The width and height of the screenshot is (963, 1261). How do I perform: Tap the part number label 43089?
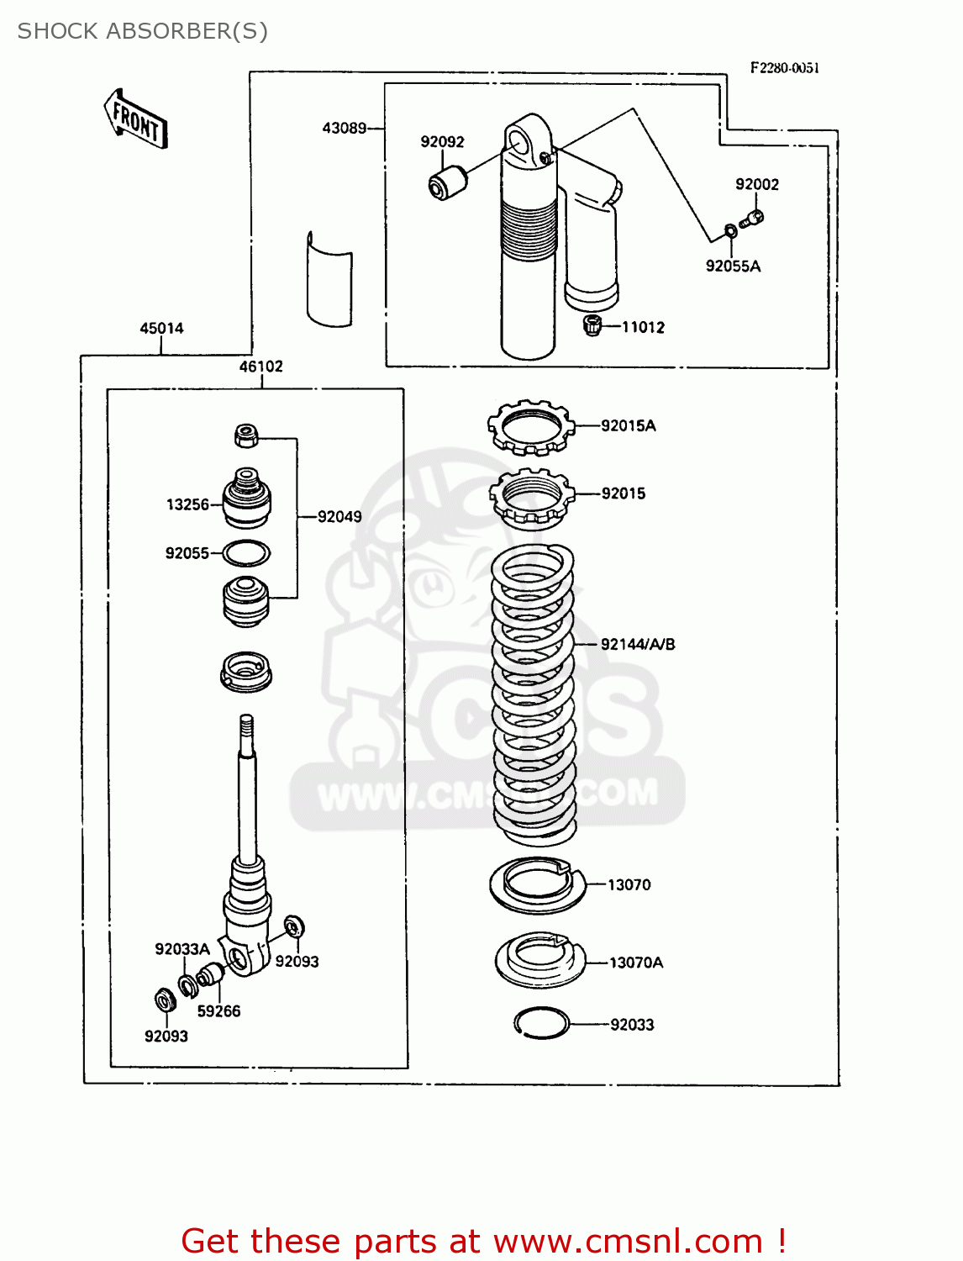point(344,128)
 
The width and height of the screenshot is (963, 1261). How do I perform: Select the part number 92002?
point(756,184)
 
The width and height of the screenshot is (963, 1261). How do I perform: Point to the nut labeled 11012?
point(592,325)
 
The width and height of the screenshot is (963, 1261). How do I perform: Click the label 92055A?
point(733,266)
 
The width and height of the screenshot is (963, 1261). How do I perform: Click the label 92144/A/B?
point(637,644)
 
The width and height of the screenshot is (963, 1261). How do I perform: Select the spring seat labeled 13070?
point(536,884)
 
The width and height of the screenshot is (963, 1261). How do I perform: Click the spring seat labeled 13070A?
point(540,959)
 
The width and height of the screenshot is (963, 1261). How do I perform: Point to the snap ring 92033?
point(541,1023)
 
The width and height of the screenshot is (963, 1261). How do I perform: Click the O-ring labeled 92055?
point(246,553)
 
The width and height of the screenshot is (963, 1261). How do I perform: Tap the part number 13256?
point(187,504)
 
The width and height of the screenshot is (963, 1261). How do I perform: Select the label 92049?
point(339,516)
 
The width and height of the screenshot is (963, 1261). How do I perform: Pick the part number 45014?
point(161,328)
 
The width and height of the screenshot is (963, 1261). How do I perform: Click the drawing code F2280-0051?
point(784,68)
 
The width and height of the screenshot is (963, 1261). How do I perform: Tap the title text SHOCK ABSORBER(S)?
point(143,31)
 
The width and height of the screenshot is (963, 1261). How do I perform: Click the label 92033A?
point(182,948)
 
